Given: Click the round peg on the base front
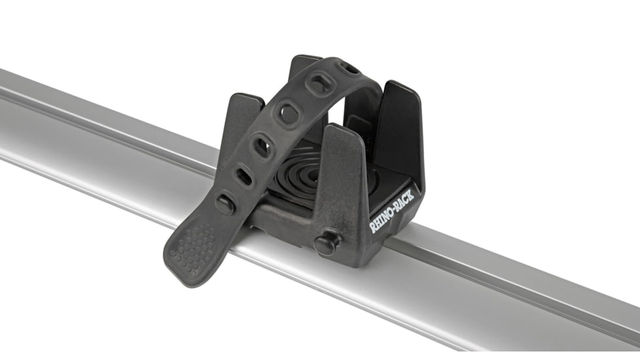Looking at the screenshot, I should click(x=325, y=243).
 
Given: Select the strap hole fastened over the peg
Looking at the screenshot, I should click(x=226, y=202).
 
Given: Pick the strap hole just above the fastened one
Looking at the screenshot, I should click(x=243, y=175).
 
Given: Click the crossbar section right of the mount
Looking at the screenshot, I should click(x=524, y=281).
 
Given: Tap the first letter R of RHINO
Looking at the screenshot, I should click(x=374, y=227).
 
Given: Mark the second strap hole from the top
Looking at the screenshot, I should click(x=321, y=83).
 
